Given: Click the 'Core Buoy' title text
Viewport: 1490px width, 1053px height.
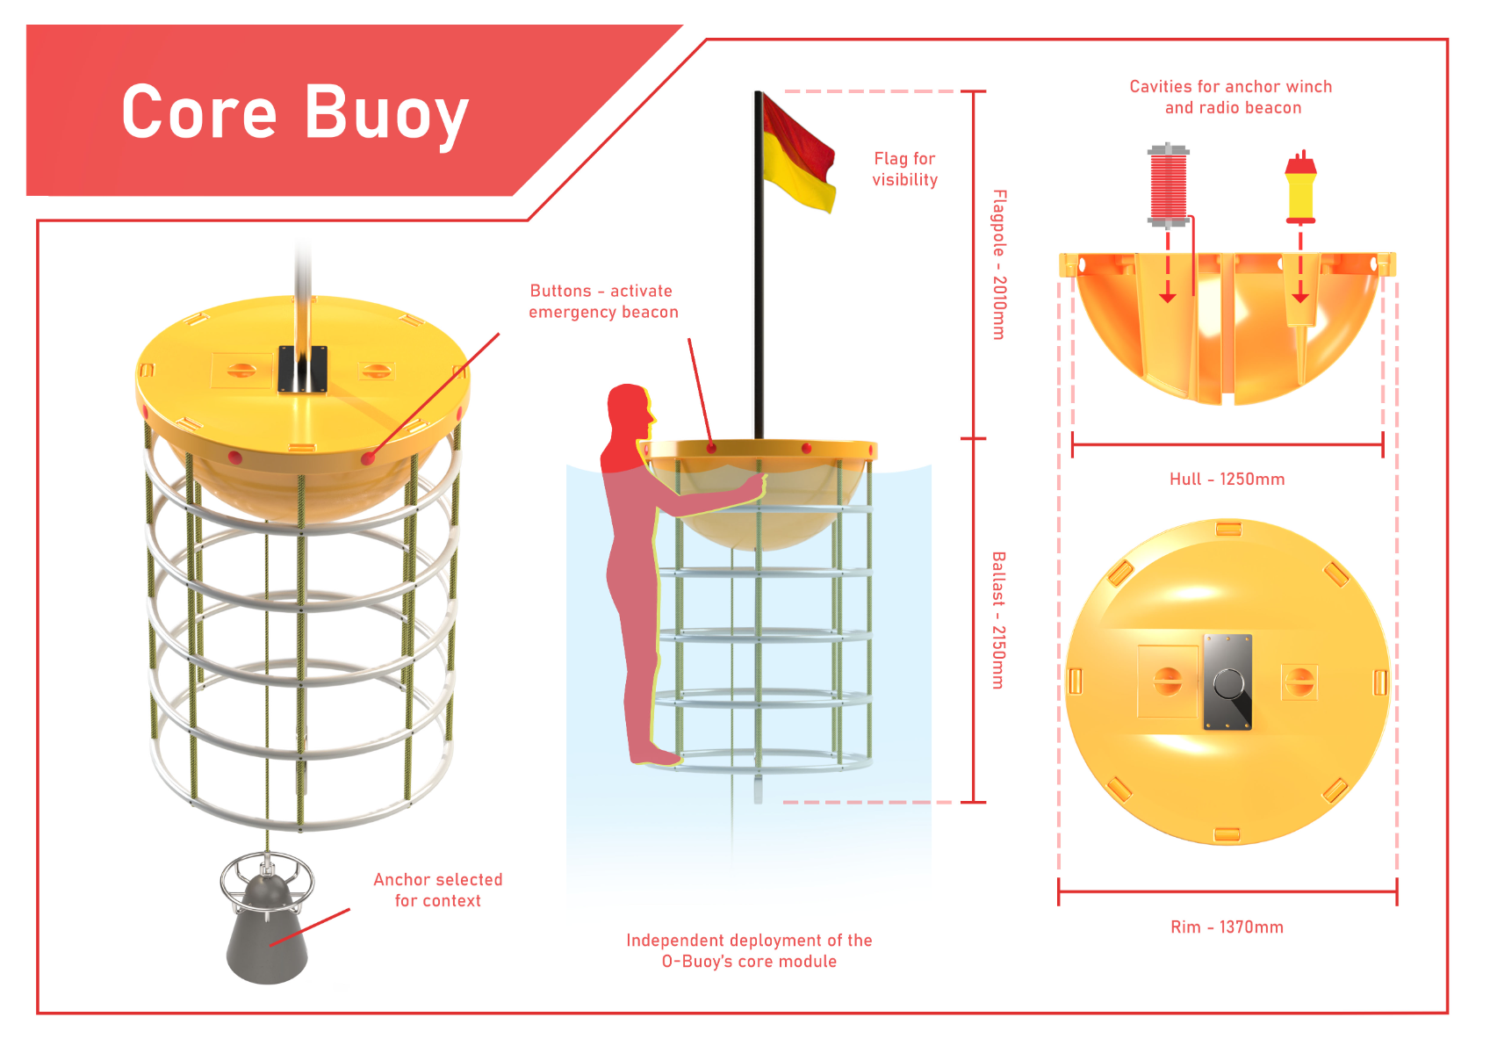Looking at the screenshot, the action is [295, 113].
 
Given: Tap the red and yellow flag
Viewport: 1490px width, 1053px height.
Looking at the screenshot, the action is [798, 155].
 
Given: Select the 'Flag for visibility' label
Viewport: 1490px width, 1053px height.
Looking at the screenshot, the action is [904, 169].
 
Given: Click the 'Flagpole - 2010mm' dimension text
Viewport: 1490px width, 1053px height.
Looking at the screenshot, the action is [999, 264].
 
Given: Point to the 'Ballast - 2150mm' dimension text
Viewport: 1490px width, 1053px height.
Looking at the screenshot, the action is [998, 620].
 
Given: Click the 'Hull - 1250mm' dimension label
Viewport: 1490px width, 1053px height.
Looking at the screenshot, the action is [1227, 479].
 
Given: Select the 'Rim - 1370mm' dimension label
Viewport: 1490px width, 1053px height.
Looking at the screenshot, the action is [1227, 927].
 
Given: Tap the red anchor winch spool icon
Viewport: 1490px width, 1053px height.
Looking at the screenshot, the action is [1168, 185].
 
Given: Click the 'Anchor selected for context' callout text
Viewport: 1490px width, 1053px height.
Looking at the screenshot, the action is [437, 890].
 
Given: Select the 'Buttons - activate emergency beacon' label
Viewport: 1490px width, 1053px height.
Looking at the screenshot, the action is [603, 301].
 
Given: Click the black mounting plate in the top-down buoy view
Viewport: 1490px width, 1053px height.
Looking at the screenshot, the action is [1228, 682].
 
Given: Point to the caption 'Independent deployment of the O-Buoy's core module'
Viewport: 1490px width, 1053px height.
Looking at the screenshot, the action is [749, 950].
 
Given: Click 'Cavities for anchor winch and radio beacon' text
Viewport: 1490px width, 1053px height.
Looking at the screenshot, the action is [1231, 97].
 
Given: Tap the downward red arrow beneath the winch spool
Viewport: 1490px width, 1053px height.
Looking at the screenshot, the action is [1168, 266].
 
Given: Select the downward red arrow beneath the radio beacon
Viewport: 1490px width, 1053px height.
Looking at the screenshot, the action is [1300, 266].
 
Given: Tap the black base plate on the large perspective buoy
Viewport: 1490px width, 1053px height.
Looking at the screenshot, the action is [303, 369].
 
